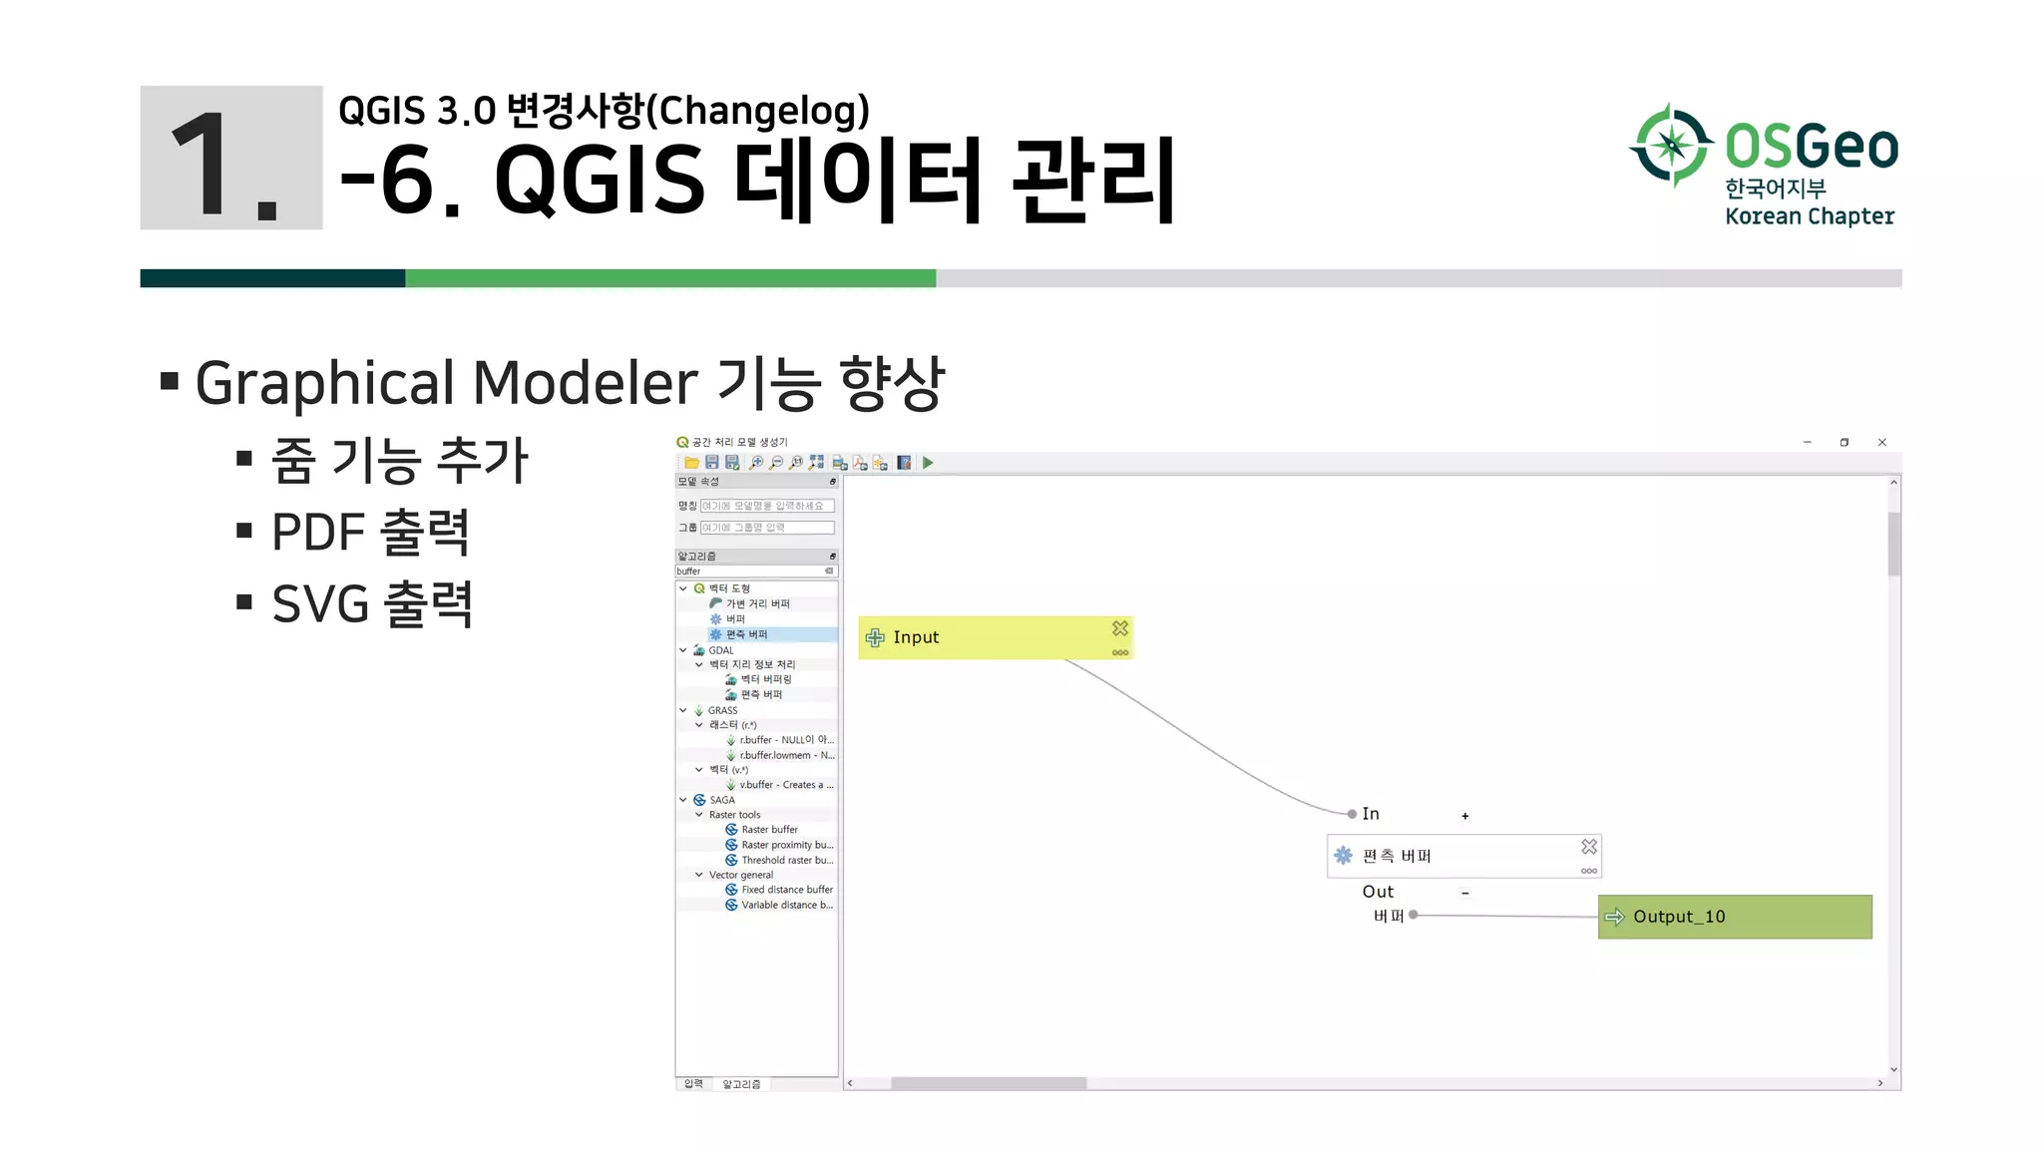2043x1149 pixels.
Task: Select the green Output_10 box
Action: click(x=1735, y=917)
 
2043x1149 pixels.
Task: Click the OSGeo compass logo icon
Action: click(x=1672, y=146)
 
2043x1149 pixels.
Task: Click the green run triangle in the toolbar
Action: click(x=928, y=463)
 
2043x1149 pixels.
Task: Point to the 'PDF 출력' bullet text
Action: click(x=370, y=532)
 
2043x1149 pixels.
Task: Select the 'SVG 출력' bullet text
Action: click(x=372, y=604)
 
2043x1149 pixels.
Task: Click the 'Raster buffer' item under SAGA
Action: click(x=769, y=830)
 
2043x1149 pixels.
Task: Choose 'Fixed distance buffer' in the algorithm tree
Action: click(x=786, y=890)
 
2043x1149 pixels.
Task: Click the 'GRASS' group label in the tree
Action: click(x=722, y=711)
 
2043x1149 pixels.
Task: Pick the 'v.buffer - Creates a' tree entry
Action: click(x=785, y=785)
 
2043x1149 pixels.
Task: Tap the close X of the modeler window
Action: click(x=1882, y=442)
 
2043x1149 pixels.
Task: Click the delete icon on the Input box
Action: click(x=1120, y=628)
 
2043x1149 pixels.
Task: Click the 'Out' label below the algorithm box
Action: click(x=1378, y=892)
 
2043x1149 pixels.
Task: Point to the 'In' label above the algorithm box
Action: click(x=1371, y=814)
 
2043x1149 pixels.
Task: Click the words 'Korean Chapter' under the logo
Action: click(x=1810, y=216)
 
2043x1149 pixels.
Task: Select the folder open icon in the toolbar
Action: click(x=691, y=463)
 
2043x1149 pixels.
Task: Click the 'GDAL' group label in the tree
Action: click(x=720, y=650)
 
